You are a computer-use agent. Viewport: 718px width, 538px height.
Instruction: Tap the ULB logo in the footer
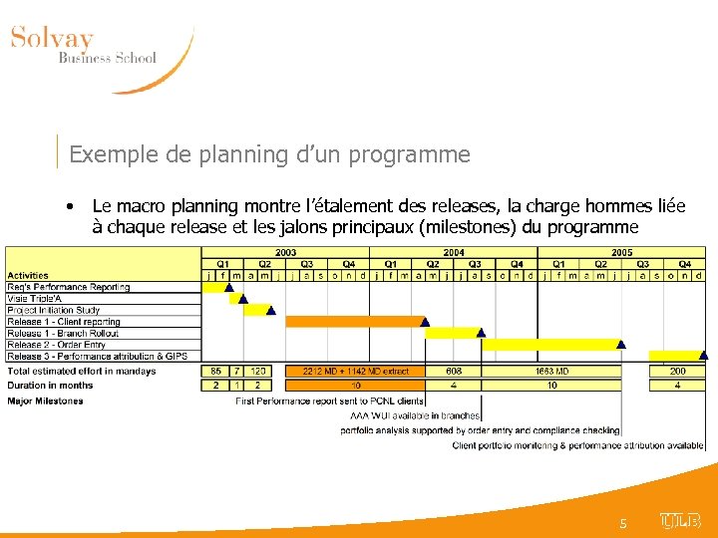680,520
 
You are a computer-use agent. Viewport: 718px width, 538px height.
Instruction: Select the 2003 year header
285,253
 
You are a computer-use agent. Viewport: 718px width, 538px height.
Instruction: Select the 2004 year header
454,253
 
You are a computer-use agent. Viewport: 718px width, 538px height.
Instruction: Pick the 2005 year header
621,253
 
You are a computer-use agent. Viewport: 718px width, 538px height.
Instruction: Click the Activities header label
28,276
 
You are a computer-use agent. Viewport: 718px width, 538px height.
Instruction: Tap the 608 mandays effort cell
454,372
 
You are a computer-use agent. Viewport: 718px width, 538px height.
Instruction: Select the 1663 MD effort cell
551,372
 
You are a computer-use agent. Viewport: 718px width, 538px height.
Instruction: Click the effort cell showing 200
678,372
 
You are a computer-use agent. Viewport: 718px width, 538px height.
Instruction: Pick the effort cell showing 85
215,372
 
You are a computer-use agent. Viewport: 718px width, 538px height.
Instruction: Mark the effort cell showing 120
258,372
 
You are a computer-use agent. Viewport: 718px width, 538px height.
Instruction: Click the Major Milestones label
45,402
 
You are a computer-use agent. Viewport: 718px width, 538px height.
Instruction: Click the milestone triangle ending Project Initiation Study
272,309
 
